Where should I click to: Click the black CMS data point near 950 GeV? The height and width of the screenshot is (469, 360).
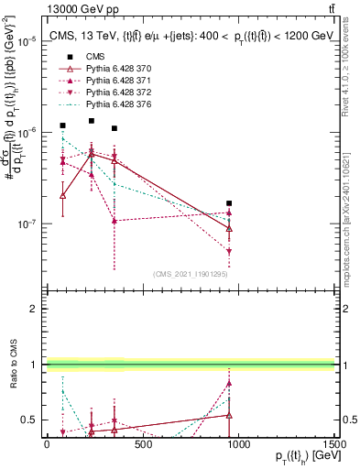click(228, 203)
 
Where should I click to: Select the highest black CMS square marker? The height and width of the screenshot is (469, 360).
click(92, 121)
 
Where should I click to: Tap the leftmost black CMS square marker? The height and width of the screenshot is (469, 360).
click(62, 125)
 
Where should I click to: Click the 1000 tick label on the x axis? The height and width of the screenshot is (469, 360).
click(238, 444)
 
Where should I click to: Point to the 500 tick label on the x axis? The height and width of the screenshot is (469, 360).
click(142, 444)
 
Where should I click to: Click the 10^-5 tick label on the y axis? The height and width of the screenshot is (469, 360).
click(27, 42)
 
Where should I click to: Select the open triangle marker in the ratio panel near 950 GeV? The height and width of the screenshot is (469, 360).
click(228, 415)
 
